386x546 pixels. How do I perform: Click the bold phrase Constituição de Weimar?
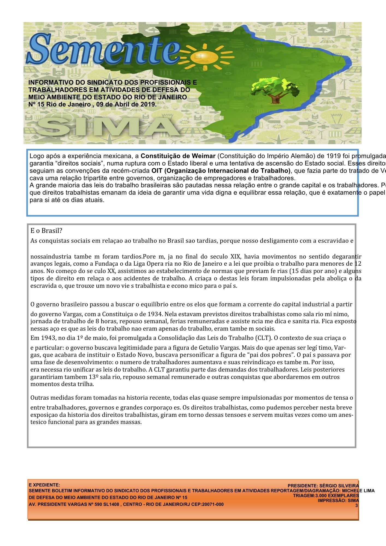(x=178, y=156)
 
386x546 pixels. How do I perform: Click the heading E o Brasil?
(x=46, y=231)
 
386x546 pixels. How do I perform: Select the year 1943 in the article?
(x=47, y=338)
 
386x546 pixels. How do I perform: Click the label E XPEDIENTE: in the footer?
(x=44, y=485)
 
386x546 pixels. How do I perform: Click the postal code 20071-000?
(x=212, y=504)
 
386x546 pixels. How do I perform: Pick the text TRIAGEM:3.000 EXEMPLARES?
(x=326, y=495)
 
